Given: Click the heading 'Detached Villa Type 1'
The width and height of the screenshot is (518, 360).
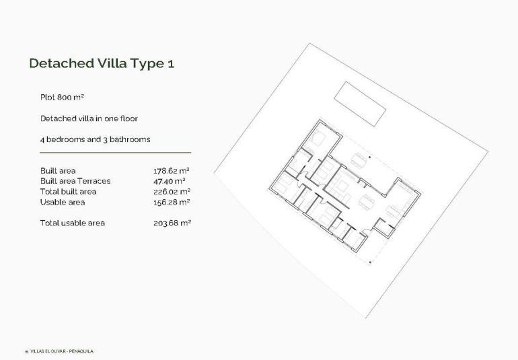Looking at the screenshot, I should [x=102, y=64].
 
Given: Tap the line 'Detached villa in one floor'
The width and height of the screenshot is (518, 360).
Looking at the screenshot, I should [x=89, y=118].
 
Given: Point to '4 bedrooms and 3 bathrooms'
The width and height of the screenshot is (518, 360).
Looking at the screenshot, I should [x=95, y=139].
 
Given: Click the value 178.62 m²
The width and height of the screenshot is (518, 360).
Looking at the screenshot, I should [x=172, y=171].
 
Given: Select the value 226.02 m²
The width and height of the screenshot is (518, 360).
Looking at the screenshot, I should [x=172, y=192].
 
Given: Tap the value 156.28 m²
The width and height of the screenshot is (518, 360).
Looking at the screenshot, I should [x=172, y=202].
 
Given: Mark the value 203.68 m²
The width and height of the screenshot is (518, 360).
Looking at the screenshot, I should [x=172, y=223].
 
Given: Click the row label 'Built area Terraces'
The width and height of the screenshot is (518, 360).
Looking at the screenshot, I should [x=75, y=181].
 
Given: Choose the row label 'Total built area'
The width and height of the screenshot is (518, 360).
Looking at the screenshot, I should [x=68, y=192].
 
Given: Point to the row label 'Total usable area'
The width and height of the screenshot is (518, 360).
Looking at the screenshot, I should [x=72, y=223].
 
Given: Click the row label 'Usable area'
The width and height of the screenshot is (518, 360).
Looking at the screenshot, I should [x=63, y=202].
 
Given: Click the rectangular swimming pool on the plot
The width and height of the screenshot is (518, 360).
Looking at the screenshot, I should [x=361, y=104].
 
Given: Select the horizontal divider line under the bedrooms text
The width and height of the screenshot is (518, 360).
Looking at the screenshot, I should [x=115, y=153].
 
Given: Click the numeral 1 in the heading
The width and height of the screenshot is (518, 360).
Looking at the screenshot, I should [x=171, y=64].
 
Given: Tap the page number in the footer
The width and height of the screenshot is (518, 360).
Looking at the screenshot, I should [x=26, y=351].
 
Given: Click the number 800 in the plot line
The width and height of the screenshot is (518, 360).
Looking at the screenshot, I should [x=65, y=98].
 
